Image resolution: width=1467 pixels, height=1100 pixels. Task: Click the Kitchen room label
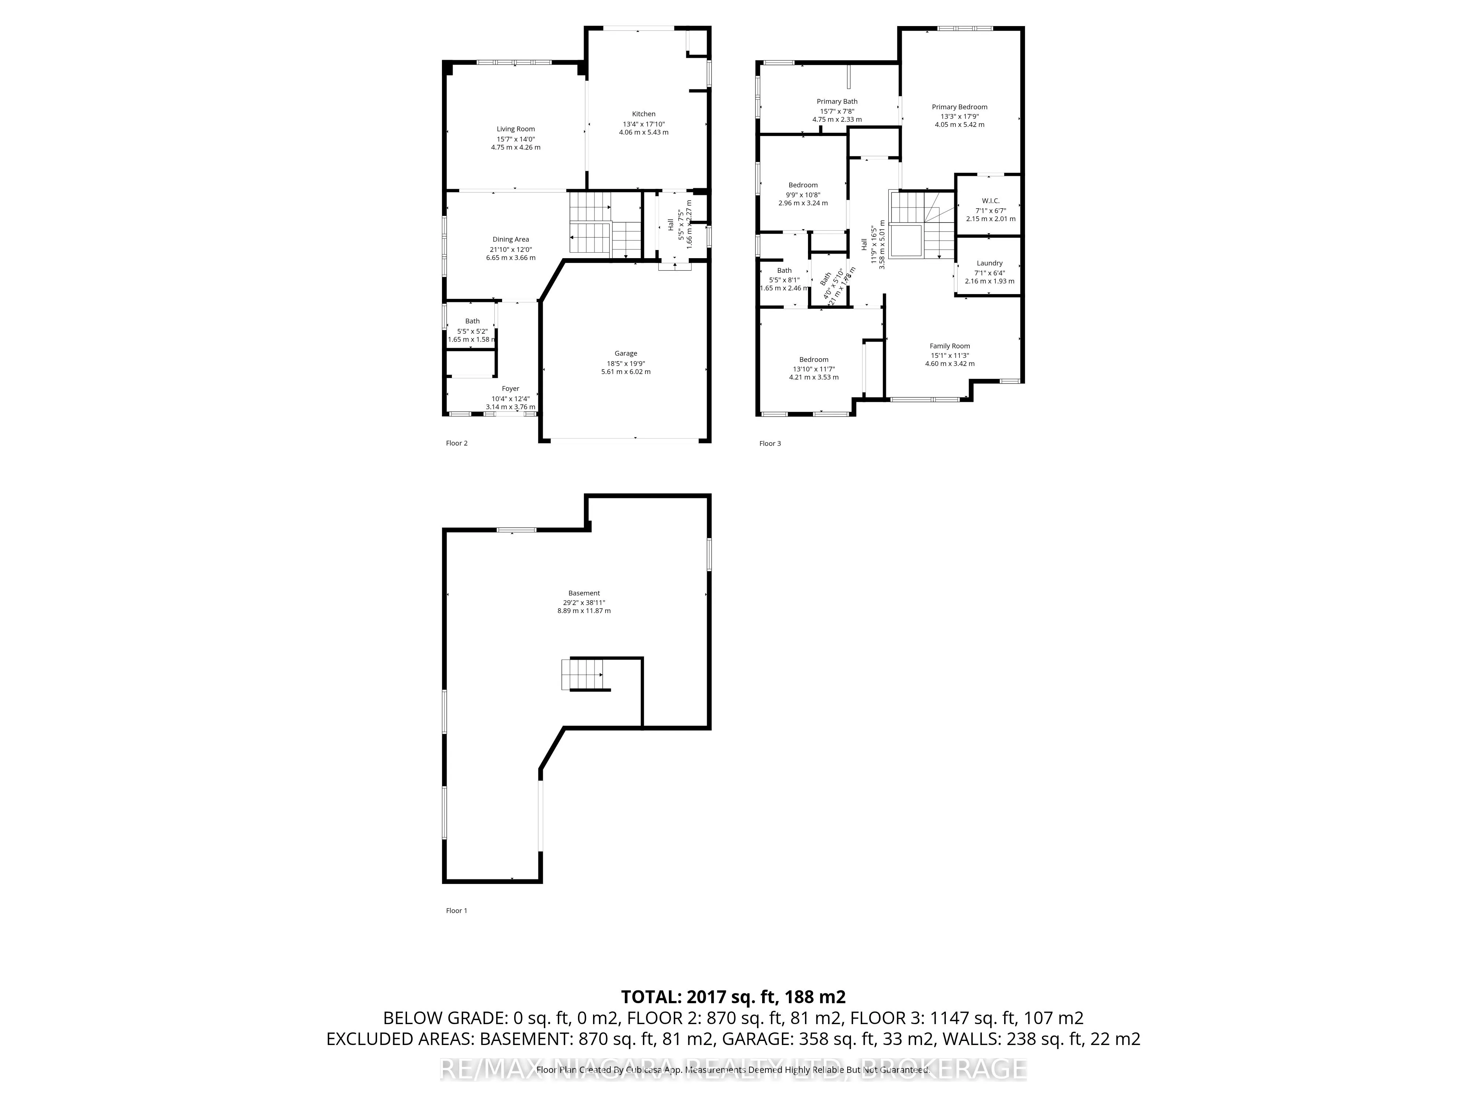[643, 114]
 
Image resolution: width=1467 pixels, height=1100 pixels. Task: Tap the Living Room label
[515, 129]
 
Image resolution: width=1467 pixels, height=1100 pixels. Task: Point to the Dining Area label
[511, 239]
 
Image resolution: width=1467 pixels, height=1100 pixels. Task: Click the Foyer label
[510, 389]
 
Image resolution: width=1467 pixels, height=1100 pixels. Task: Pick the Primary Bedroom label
[959, 107]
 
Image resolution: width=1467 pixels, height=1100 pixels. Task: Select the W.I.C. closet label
[990, 201]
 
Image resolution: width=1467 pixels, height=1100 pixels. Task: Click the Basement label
[583, 593]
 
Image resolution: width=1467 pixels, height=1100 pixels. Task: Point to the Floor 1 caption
[456, 910]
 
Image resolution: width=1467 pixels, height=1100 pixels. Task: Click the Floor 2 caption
[456, 443]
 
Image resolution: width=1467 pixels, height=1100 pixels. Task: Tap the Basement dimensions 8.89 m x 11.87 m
[583, 610]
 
